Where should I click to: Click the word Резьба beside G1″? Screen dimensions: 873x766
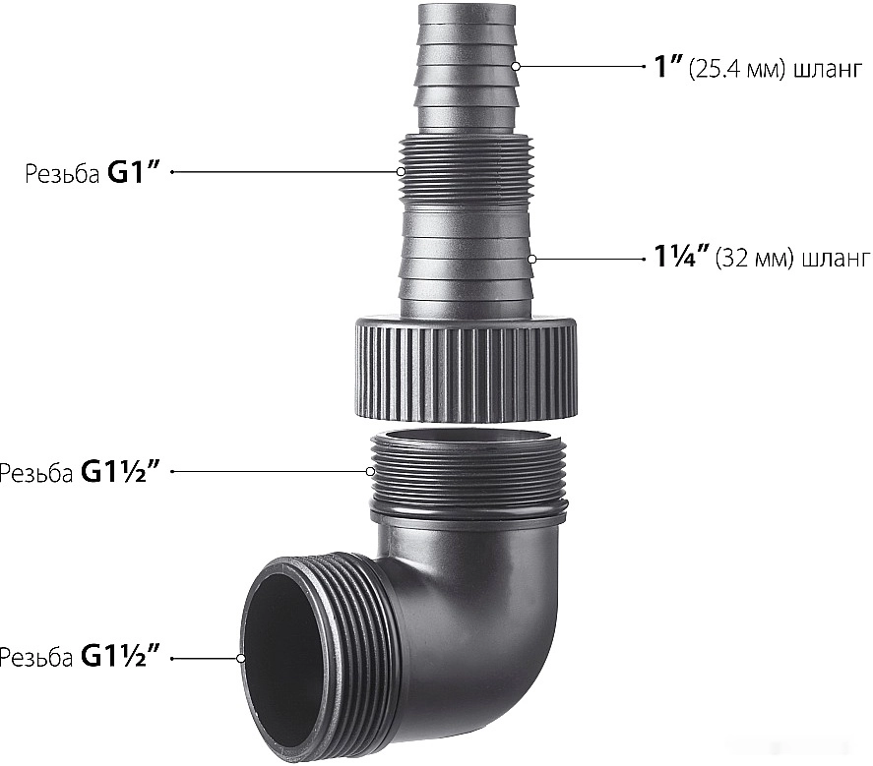pyautogui.click(x=62, y=174)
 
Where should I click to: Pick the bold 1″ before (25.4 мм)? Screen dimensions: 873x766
pyautogui.click(x=668, y=67)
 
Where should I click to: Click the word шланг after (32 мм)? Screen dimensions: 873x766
pyautogui.click(x=836, y=260)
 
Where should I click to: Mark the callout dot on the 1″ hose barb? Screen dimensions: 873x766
pyautogui.click(x=516, y=66)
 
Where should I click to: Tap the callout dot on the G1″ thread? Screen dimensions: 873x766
pyautogui.click(x=401, y=172)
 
